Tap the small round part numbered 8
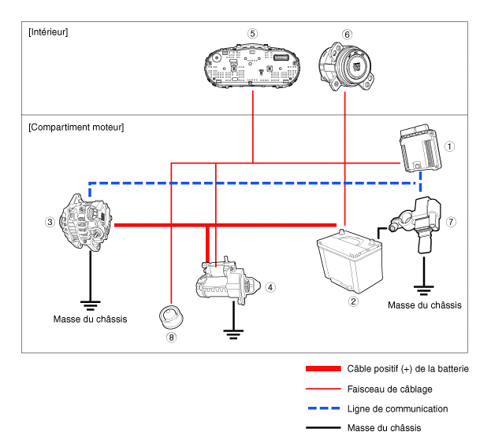[171, 318]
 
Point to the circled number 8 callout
[171, 338]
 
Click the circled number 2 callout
[353, 300]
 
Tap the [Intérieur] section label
[48, 32]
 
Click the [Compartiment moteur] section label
[76, 127]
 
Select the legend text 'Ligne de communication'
[397, 408]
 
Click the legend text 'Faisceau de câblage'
[389, 389]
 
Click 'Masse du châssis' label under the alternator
[90, 319]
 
